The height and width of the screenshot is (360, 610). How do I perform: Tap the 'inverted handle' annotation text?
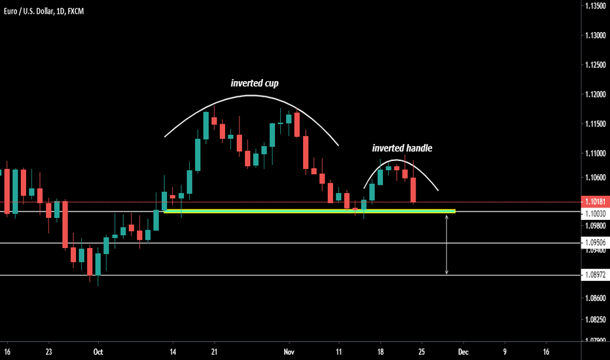pos(402,149)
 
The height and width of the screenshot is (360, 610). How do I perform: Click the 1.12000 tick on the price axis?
pos(595,95)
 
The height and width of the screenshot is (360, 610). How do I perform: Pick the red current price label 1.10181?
pos(595,202)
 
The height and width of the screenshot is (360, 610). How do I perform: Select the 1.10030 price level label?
pos(595,213)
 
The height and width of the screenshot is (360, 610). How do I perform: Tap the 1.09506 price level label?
pos(595,243)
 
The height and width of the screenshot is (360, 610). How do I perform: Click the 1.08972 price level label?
pos(595,276)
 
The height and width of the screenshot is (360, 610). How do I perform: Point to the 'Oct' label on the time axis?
pos(98,351)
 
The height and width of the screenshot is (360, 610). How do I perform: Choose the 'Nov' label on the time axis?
pos(288,351)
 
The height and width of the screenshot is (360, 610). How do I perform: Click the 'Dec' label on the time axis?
pos(463,351)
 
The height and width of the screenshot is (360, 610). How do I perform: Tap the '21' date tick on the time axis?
pos(214,351)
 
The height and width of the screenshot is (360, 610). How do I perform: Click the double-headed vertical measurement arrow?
pos(447,243)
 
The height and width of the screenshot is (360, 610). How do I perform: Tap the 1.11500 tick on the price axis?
pos(595,124)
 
